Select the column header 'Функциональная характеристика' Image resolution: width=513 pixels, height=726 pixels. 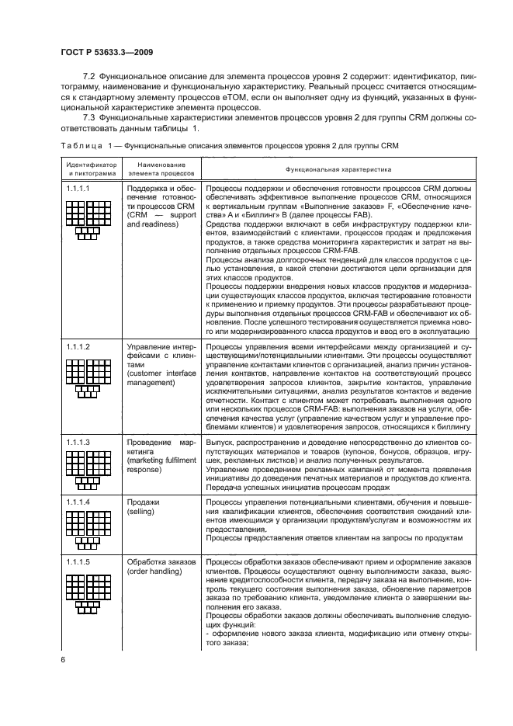(x=338, y=168)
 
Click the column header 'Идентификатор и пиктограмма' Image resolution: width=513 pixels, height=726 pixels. (x=91, y=168)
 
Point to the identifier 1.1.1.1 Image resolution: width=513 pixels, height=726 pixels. (x=78, y=188)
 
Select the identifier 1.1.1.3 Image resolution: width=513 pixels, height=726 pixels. (x=78, y=442)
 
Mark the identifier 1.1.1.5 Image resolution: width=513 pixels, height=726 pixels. (x=78, y=561)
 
